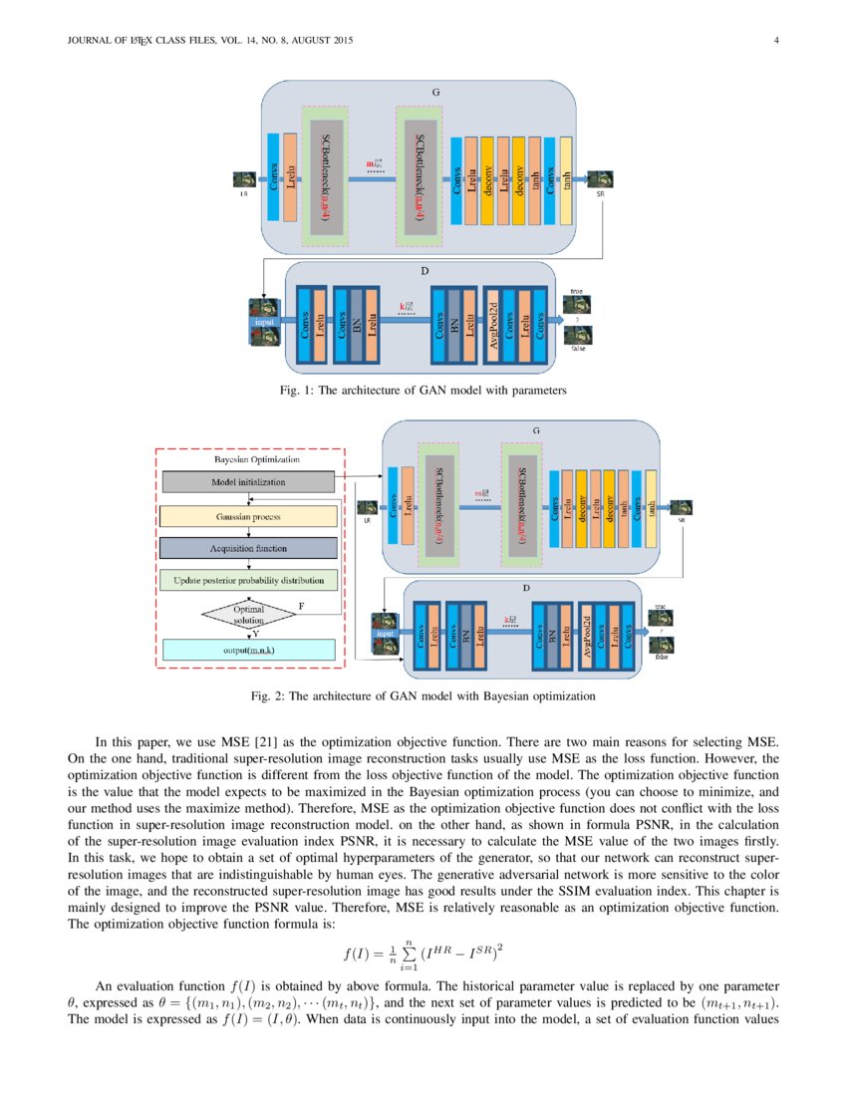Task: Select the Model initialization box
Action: pos(247,482)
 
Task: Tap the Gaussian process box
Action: pos(247,517)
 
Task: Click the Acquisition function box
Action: pos(247,548)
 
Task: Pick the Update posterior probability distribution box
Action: pos(247,579)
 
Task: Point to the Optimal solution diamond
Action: pos(247,614)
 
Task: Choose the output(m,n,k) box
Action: pos(247,650)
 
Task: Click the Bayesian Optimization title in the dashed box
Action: pos(247,461)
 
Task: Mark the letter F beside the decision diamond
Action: pos(302,604)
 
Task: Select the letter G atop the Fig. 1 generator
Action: pos(435,92)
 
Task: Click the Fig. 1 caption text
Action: pos(423,391)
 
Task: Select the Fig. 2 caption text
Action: pos(423,696)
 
